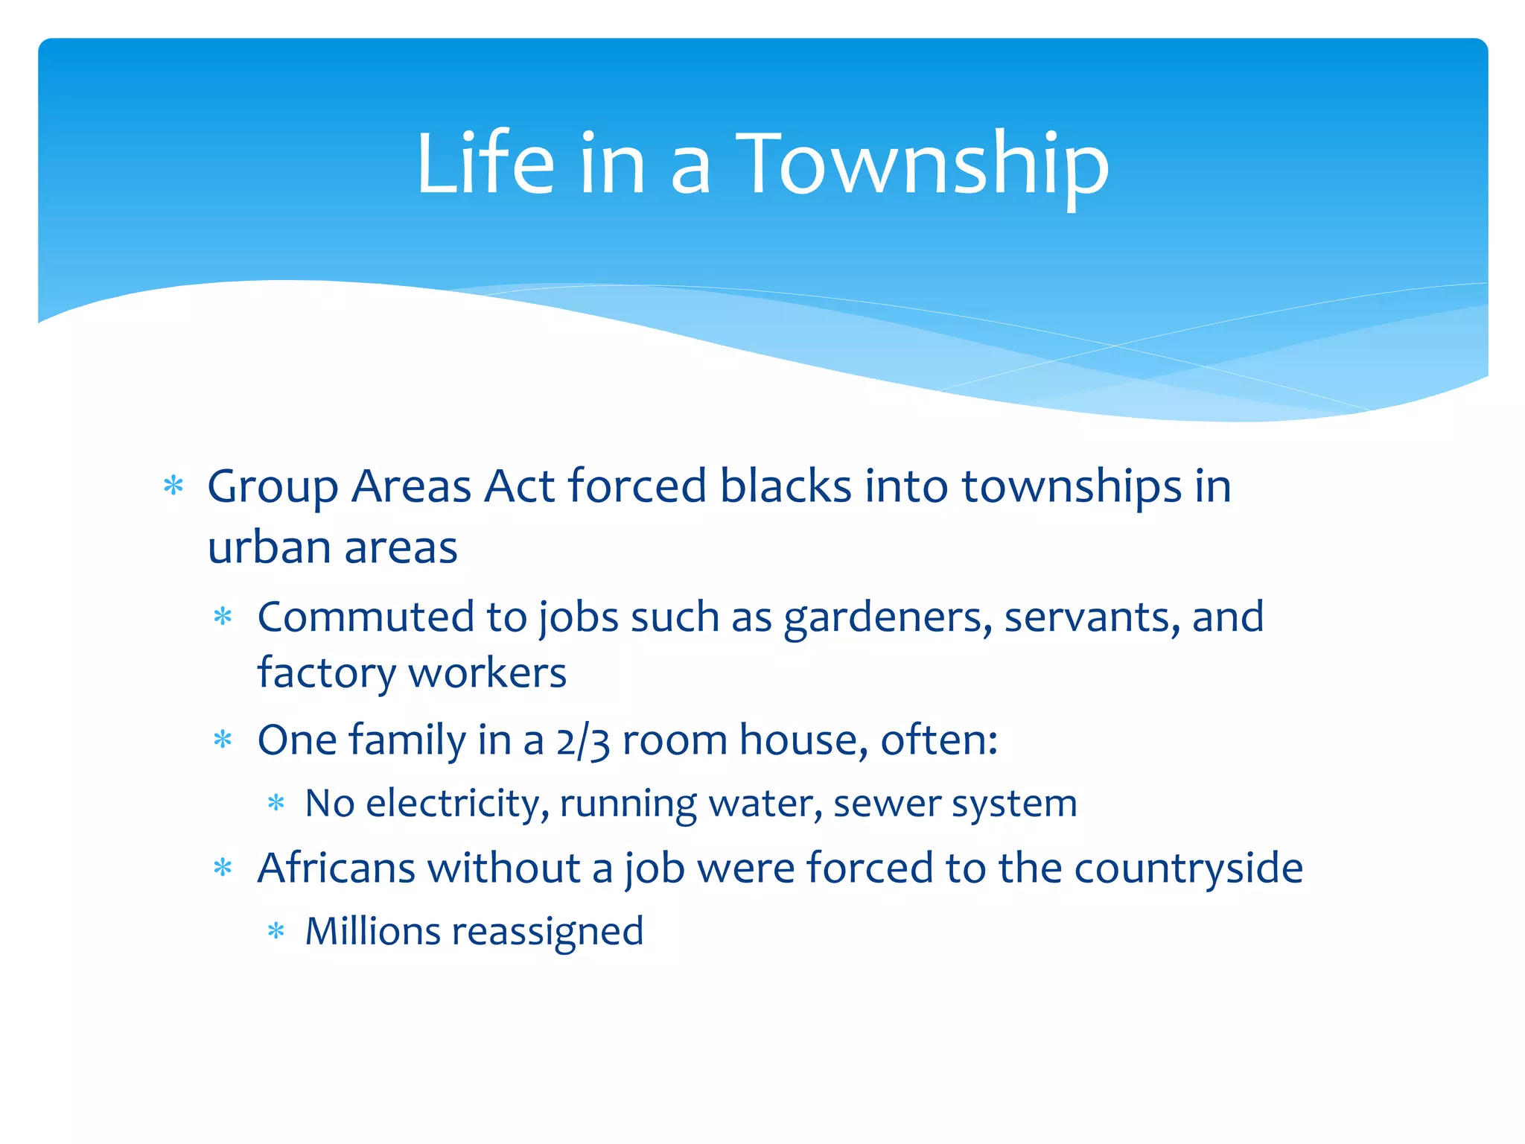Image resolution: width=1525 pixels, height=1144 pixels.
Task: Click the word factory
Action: point(326,673)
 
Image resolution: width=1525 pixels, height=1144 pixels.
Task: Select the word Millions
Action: point(373,932)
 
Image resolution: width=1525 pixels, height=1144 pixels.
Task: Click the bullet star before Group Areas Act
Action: point(173,486)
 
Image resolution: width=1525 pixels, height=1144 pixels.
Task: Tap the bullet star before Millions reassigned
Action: point(276,931)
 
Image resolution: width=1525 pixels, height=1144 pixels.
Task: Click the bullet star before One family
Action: point(223,740)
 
